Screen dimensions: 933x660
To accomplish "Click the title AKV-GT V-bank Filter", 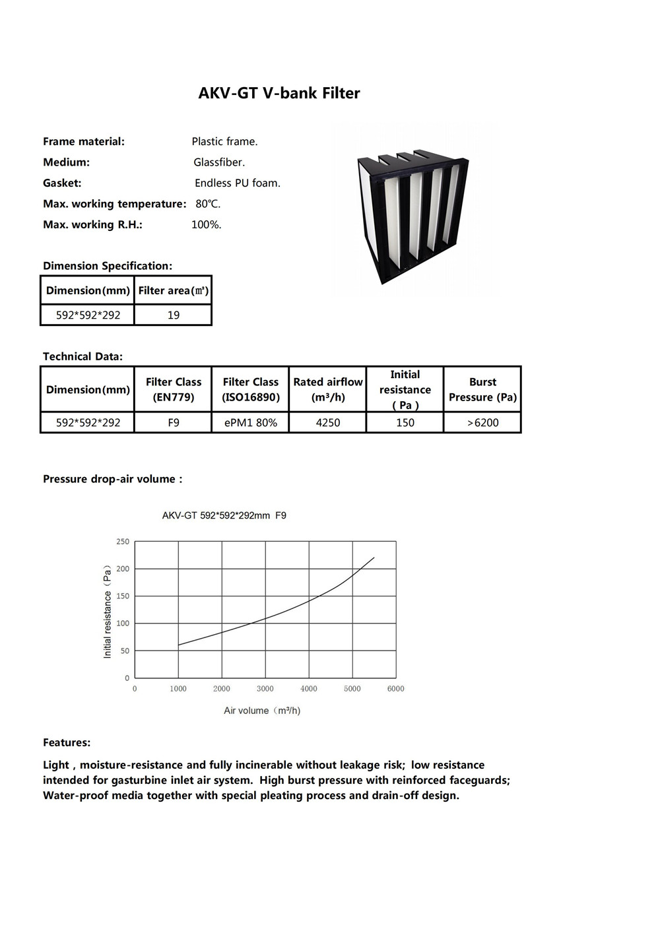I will pos(279,93).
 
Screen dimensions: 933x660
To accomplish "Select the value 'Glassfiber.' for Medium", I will pos(219,162).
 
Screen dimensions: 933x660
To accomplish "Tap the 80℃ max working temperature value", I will pos(208,204).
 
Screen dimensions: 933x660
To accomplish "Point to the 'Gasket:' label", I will pos(62,183).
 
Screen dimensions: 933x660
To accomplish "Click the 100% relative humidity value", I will pos(206,225).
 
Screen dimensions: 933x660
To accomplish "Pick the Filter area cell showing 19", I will pos(174,315).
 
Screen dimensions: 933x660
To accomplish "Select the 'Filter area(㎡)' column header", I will pos(174,290).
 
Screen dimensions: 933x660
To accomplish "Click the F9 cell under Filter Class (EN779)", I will pos(174,422).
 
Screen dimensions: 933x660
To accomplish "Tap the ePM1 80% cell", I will pos(251,422).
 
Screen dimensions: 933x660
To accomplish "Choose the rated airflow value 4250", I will pos(328,422).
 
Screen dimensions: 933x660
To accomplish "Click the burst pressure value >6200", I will pos(483,422).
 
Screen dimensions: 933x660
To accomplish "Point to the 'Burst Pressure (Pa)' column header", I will pos(483,389).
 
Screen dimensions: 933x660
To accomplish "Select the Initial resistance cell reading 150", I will pos(405,422).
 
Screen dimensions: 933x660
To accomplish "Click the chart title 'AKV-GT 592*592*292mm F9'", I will pos(224,515).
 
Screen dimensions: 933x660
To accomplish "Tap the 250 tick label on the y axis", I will pos(123,542).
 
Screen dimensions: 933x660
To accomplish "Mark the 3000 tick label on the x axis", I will pos(265,689).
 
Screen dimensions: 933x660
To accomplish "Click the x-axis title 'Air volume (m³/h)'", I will pos(262,711).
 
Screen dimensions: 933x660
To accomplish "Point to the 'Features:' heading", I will pos(67,742).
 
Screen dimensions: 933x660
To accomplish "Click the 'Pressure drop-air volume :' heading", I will pos(112,479).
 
